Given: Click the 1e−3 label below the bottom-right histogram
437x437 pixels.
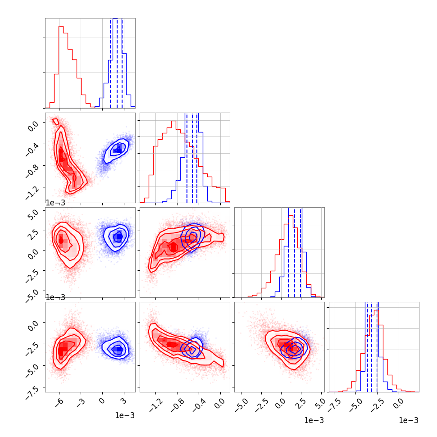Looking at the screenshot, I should click(x=408, y=420).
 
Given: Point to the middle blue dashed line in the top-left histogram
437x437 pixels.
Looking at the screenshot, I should click(x=117, y=63).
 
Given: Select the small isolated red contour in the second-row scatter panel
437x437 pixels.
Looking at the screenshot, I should click(x=55, y=121).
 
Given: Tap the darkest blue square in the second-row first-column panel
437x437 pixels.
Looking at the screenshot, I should click(x=117, y=150).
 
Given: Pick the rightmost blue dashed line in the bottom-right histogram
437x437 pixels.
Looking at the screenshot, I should click(x=378, y=347).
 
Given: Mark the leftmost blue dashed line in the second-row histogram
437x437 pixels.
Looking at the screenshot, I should click(x=187, y=158).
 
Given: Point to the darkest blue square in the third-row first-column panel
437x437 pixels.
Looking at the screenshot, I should click(x=119, y=237).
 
